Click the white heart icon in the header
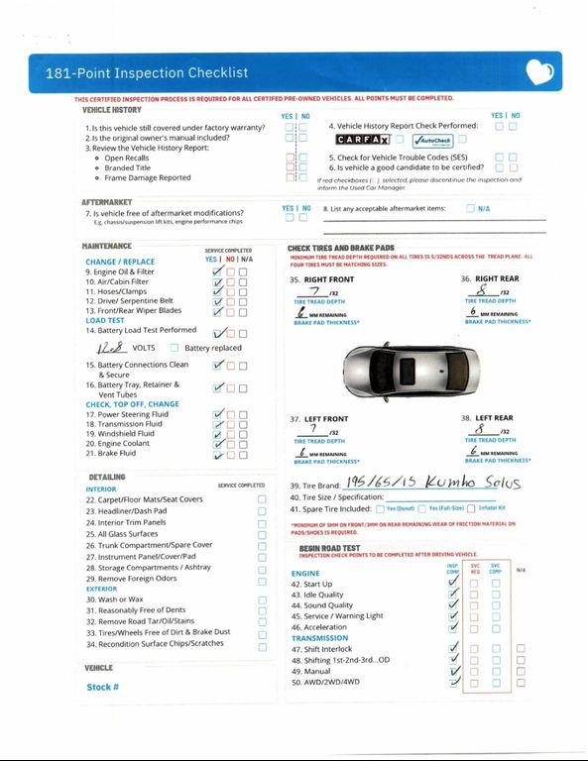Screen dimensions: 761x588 click(x=539, y=71)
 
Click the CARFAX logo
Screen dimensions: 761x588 click(x=362, y=141)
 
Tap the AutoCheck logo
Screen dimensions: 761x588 click(x=432, y=141)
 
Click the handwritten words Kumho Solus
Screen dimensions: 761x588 click(x=469, y=484)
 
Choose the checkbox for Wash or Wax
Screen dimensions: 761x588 click(x=262, y=599)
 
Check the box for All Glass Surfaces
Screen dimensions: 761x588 click(x=262, y=534)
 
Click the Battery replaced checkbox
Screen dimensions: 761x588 click(x=175, y=349)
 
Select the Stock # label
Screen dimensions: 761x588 click(x=102, y=687)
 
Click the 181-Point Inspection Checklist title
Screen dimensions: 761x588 click(x=147, y=72)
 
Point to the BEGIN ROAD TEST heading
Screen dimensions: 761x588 click(x=335, y=547)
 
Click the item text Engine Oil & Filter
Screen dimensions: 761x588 click(x=124, y=272)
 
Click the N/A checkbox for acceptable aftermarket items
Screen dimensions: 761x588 click(x=469, y=209)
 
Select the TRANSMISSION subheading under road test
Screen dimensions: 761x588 click(x=319, y=638)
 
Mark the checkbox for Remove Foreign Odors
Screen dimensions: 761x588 click(x=262, y=578)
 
